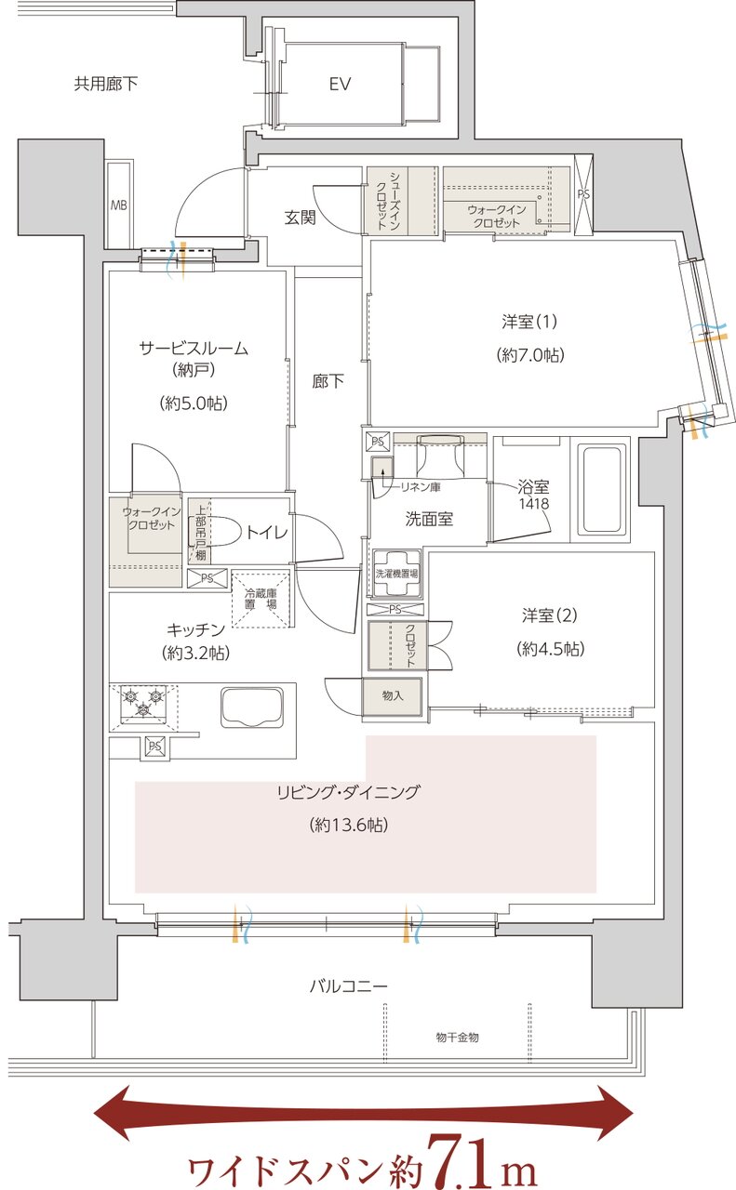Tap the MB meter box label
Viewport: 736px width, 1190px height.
click(x=119, y=205)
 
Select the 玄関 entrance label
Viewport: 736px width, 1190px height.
click(x=300, y=218)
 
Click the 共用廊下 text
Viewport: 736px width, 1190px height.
click(x=106, y=85)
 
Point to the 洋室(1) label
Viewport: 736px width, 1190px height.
click(x=529, y=322)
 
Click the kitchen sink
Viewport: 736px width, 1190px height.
click(x=250, y=707)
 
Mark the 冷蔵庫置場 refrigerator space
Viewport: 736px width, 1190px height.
click(x=261, y=598)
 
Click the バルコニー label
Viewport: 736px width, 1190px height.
click(x=348, y=985)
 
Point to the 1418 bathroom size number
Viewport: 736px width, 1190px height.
click(x=534, y=503)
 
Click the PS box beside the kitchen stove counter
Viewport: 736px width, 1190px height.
click(x=154, y=746)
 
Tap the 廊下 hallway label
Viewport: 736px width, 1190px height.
click(x=328, y=380)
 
